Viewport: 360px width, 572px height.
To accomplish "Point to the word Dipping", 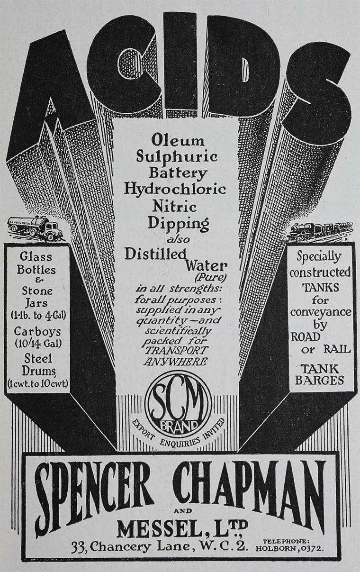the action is pos(179,224).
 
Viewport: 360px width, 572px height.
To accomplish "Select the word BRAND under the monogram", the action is pos(179,425).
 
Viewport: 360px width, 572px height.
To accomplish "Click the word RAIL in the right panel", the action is pos(337,349).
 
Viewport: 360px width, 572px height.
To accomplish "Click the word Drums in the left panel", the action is pos(38,372).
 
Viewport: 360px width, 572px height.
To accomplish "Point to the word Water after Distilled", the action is pos(206,266).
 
